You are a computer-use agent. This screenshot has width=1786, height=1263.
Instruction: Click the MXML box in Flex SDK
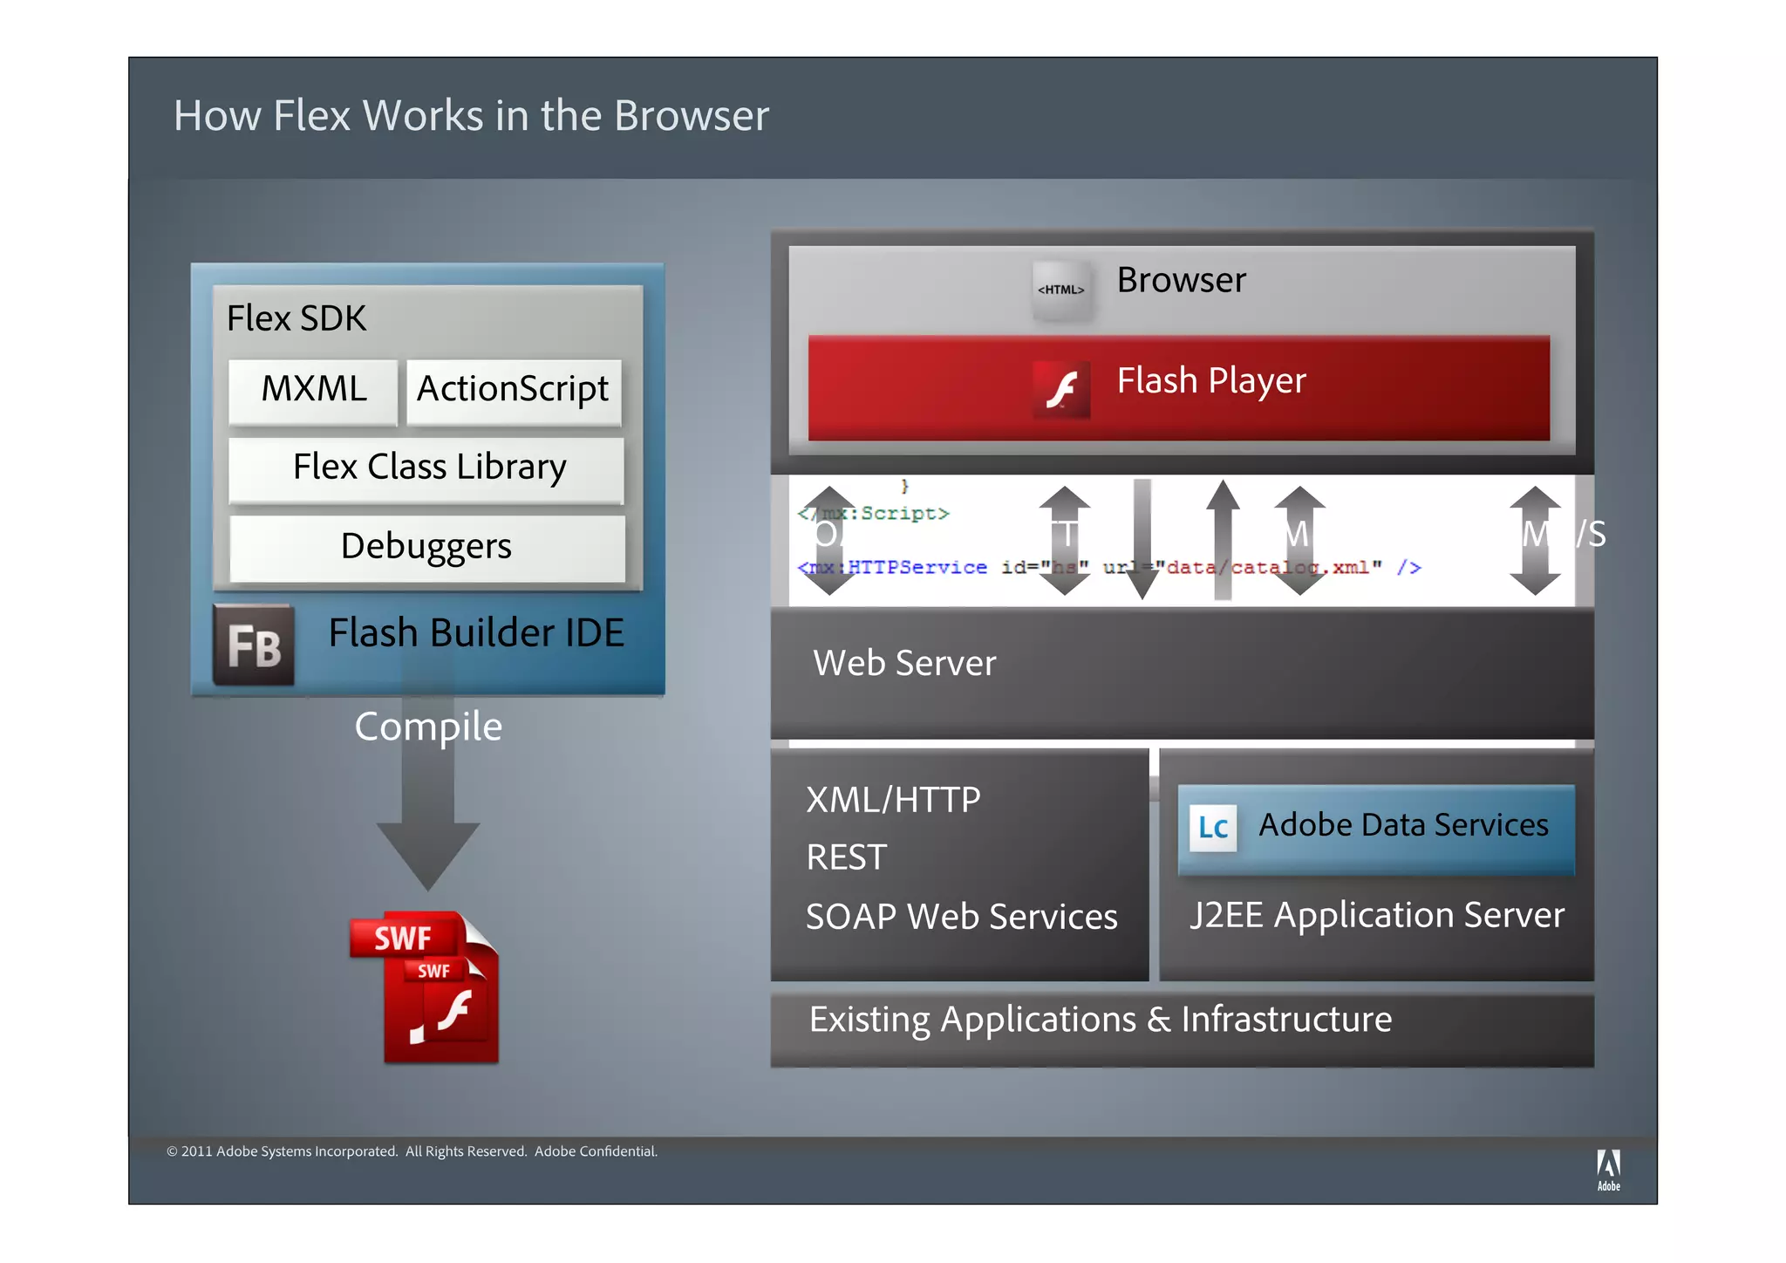coord(313,390)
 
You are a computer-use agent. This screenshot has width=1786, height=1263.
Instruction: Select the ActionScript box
coord(513,390)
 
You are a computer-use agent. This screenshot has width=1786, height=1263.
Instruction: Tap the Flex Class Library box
coord(427,468)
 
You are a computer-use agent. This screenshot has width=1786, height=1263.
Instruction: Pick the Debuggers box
coord(426,548)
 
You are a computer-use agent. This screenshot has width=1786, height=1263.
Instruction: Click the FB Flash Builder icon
coord(254,645)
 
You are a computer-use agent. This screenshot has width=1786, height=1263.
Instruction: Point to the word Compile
coord(428,727)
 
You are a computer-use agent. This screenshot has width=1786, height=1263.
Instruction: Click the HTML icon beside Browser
coord(1060,290)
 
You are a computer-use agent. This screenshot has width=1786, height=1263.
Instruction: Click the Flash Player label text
coord(1211,381)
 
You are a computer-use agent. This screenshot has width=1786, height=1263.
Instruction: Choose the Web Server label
coord(904,664)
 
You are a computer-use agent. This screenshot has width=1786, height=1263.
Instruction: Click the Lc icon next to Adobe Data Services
coord(1212,828)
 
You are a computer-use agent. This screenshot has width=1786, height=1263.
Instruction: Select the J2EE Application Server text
coord(1377,915)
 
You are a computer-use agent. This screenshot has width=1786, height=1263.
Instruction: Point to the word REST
coord(846,857)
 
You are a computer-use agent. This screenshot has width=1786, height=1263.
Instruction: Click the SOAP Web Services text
coord(961,917)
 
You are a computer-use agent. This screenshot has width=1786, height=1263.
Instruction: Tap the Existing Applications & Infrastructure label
coord(1100,1020)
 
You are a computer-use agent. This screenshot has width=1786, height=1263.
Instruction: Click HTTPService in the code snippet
coord(917,568)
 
